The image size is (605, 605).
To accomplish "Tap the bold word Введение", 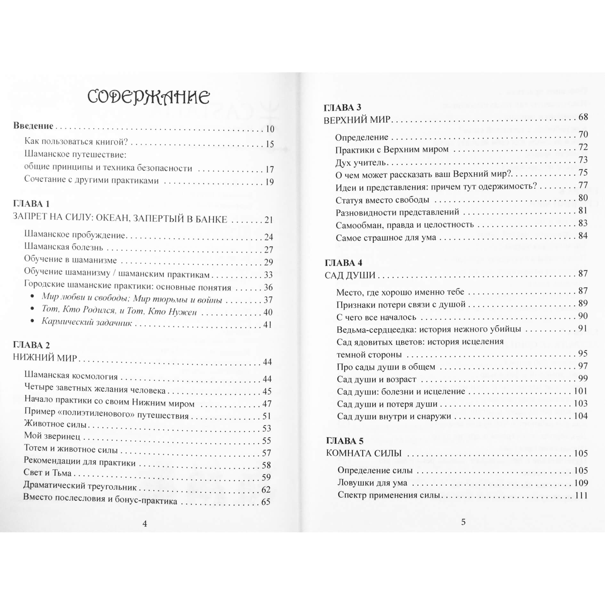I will [x=33, y=126].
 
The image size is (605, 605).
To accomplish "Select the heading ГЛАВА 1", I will [x=31, y=204].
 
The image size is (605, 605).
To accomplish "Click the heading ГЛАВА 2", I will [x=31, y=345].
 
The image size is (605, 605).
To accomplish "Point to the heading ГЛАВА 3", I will [x=343, y=108].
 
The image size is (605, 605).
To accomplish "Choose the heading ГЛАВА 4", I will [x=343, y=263].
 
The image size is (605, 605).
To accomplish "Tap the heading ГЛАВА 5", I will [x=345, y=441].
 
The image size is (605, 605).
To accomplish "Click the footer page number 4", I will [x=145, y=523].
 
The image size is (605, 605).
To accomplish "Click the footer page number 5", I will [x=463, y=522].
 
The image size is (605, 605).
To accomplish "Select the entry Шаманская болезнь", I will [x=64, y=247].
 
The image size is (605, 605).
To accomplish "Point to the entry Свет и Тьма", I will [x=47, y=473].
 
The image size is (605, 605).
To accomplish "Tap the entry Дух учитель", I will [x=360, y=163].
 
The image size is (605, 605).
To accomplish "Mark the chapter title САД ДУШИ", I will [x=350, y=275].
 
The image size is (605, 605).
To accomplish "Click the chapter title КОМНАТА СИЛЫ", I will [x=364, y=453].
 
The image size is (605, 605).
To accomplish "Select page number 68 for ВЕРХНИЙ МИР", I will [x=583, y=117].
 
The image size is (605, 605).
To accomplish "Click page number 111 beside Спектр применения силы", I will [x=581, y=496].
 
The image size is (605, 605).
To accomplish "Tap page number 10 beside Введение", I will [x=270, y=129].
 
